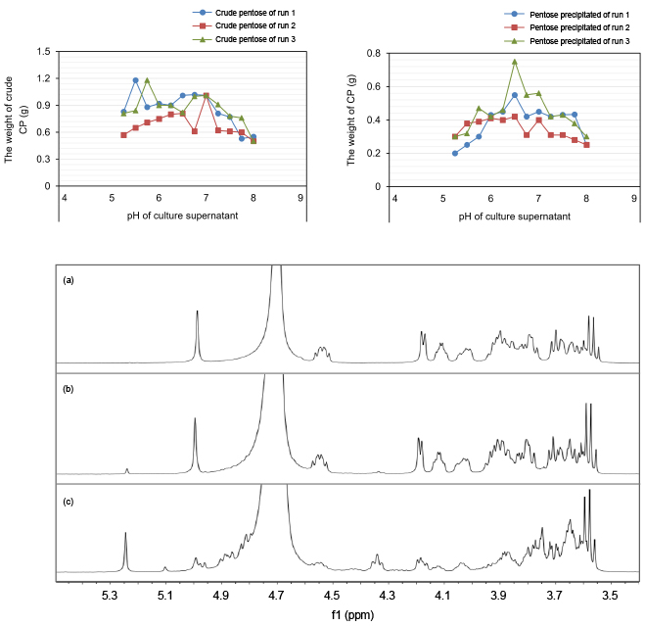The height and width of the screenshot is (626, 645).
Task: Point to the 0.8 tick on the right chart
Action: (374, 53)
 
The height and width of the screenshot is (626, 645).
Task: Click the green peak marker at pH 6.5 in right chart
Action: (515, 62)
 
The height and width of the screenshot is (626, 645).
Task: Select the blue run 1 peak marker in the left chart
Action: (135, 80)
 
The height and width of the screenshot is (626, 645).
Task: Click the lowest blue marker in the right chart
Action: (455, 153)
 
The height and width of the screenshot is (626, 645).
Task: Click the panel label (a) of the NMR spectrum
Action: (69, 280)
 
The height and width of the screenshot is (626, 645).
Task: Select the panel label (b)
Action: (69, 390)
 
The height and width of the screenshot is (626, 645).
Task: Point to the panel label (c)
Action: (69, 501)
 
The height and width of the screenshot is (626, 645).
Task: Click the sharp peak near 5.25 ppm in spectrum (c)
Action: (126, 535)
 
